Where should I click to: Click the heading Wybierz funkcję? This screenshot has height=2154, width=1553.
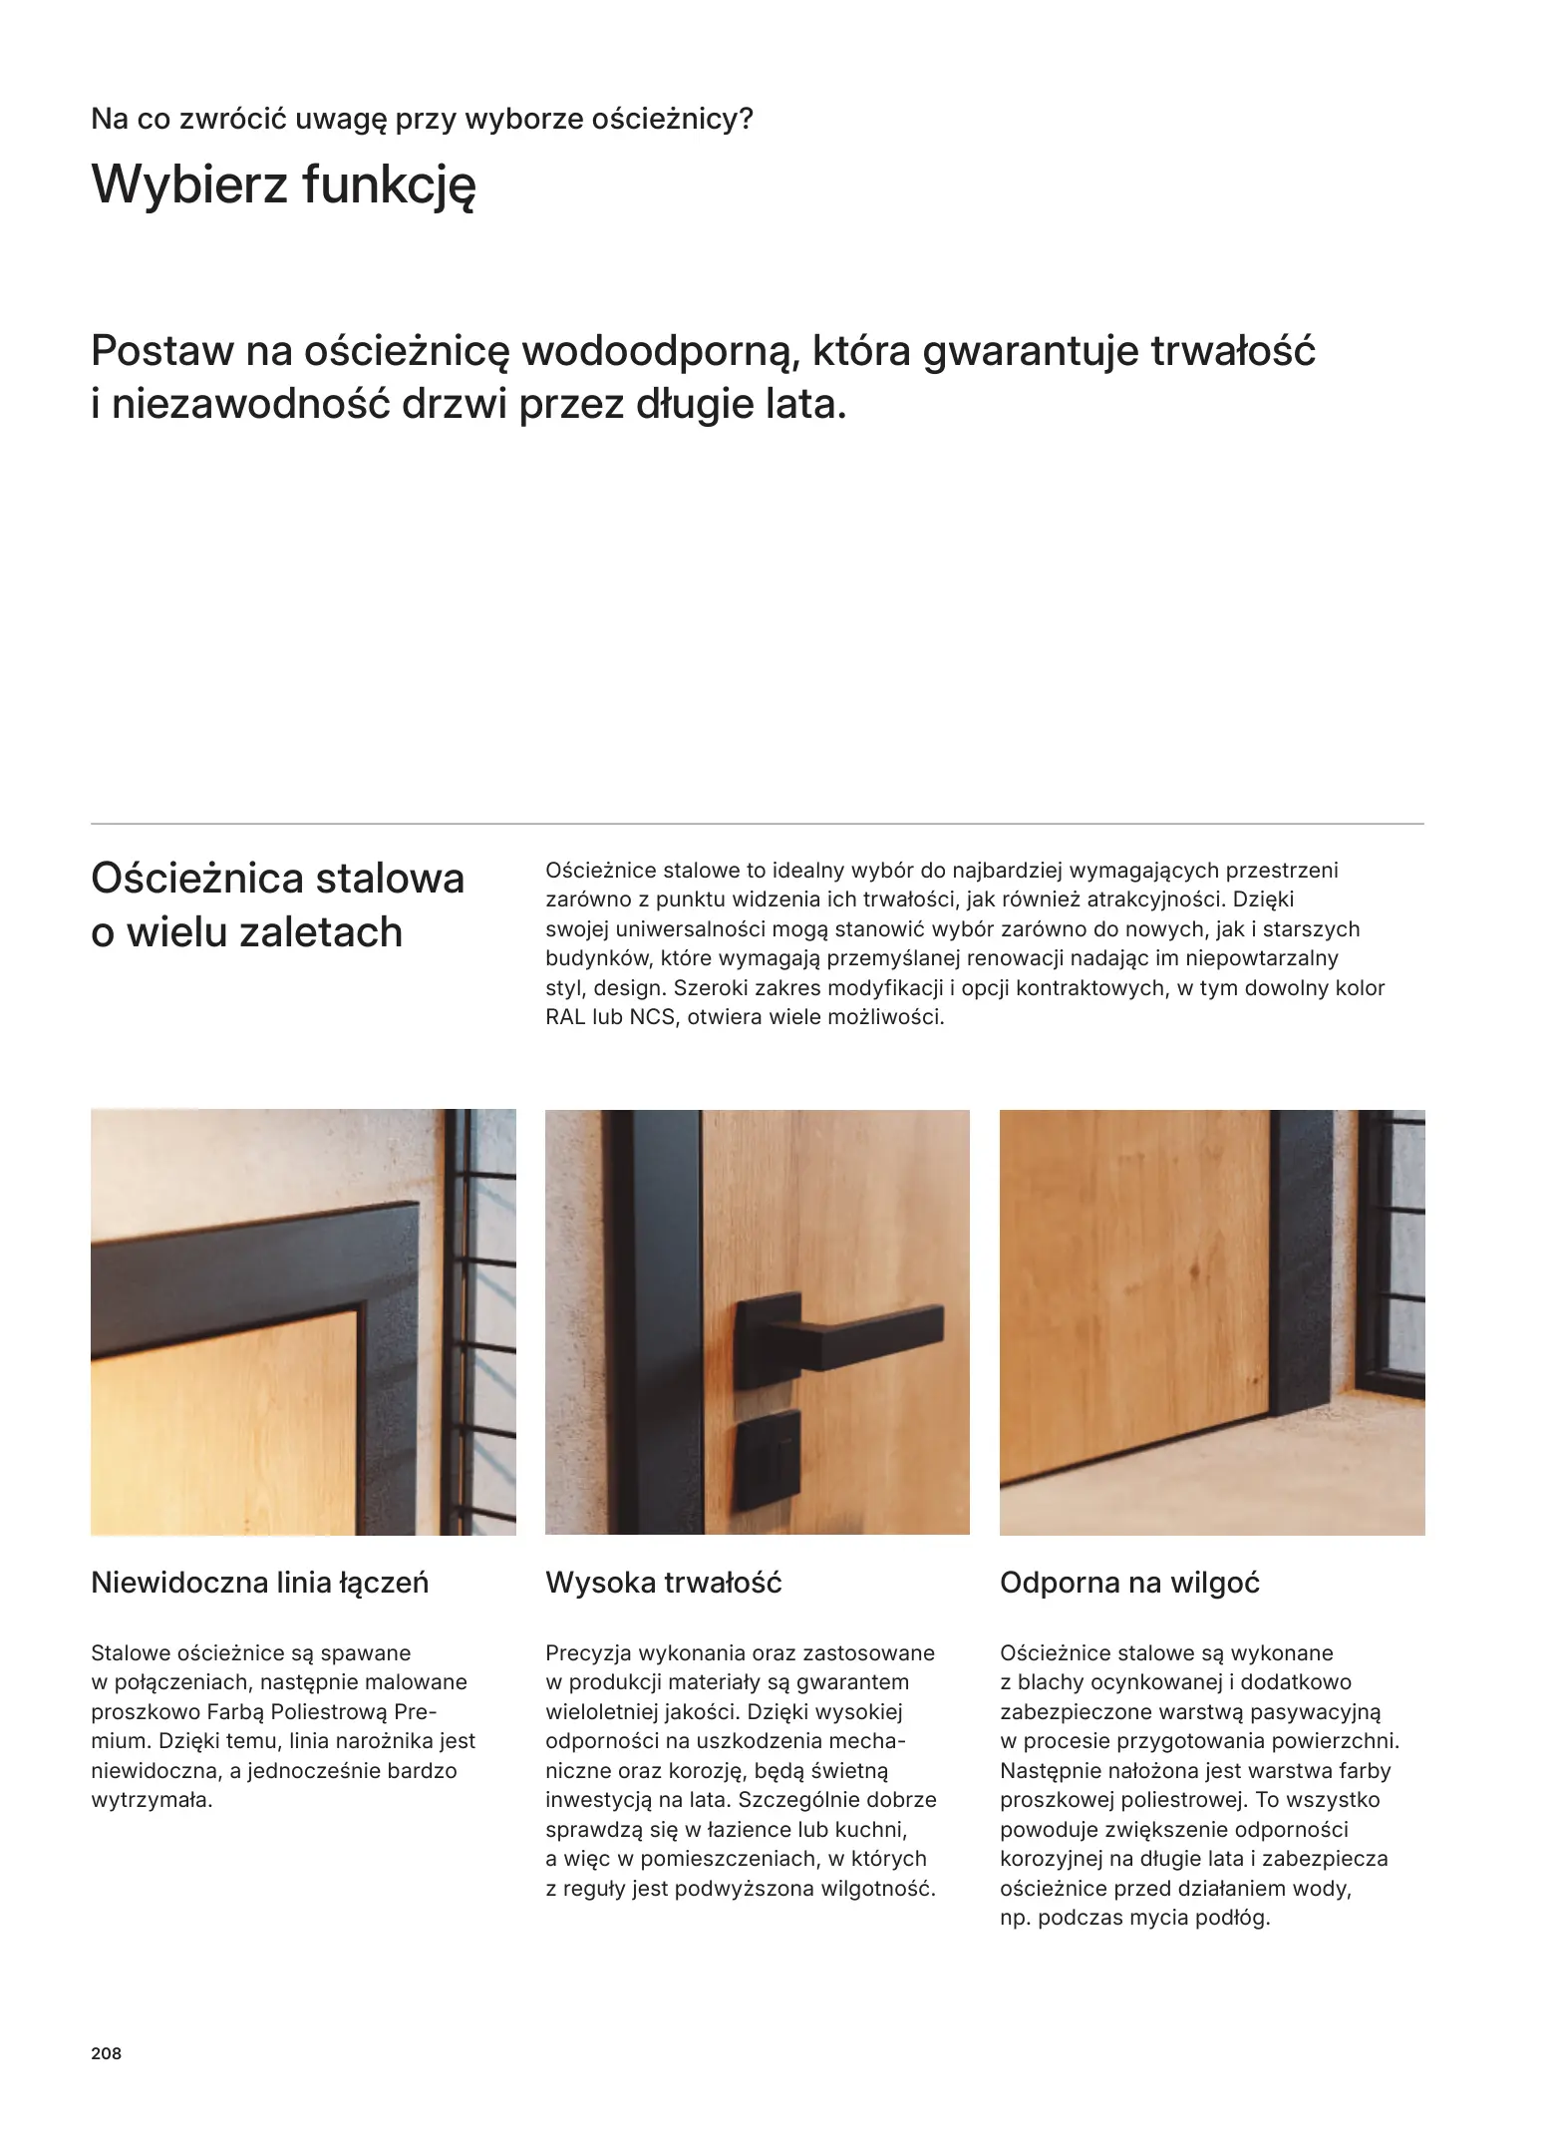pos(283,185)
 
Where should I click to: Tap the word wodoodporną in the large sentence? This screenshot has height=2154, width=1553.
pos(657,351)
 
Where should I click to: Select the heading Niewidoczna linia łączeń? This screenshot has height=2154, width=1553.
pos(259,1583)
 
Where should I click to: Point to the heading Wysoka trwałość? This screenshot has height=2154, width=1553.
pos(663,1583)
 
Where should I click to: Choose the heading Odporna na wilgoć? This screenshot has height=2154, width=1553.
pos(1129,1583)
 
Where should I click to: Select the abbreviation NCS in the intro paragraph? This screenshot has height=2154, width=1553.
pos(652,1017)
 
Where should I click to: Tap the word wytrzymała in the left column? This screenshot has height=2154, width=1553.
pos(151,1800)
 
